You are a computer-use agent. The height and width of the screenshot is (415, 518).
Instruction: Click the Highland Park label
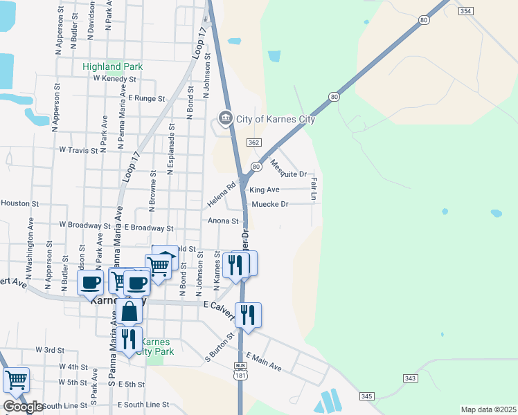click(x=112, y=66)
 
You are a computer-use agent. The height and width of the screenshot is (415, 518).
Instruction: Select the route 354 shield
click(x=466, y=11)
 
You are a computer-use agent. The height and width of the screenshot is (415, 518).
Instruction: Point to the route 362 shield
click(x=253, y=142)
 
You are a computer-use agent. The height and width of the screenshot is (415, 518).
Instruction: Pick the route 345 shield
click(x=366, y=396)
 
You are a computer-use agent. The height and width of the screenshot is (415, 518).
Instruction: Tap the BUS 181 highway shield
click(x=240, y=371)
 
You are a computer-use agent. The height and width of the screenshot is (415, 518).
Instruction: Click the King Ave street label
click(x=265, y=190)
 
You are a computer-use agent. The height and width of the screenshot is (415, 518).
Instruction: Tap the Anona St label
click(x=223, y=221)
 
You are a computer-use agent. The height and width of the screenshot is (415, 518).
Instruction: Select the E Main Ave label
click(x=264, y=360)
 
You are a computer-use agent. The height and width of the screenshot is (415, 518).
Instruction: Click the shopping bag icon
click(x=129, y=312)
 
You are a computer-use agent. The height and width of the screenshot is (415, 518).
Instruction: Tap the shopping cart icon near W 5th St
click(x=16, y=379)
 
